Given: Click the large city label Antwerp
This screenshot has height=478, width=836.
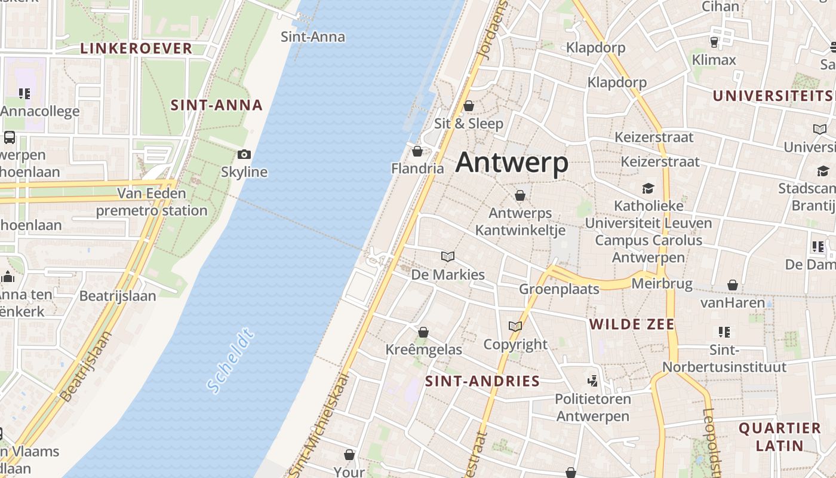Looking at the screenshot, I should [512, 163].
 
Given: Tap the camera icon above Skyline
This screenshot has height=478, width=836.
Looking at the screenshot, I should [244, 155].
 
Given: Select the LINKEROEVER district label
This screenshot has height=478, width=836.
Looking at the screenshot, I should [136, 48].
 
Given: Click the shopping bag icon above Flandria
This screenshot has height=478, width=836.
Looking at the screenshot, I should [417, 151].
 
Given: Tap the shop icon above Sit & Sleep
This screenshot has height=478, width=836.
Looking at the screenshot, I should [469, 106].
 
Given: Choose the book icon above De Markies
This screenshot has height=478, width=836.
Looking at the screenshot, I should [448, 257].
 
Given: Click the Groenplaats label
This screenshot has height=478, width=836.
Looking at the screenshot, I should [559, 289].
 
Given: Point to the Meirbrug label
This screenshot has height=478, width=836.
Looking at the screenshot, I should [662, 283].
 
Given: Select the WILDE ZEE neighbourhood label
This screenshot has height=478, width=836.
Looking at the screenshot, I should [632, 324].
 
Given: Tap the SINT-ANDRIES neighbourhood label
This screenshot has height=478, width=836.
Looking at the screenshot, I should [482, 381].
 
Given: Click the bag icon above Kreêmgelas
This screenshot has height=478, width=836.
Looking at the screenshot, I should [423, 332].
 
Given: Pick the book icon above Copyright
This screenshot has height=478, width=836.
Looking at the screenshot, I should [515, 326].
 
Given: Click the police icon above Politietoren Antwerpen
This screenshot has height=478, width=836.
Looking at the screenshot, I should [592, 381].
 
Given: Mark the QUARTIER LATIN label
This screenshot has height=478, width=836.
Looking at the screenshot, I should [779, 437].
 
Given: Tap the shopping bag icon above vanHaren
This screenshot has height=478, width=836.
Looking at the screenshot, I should [733, 285].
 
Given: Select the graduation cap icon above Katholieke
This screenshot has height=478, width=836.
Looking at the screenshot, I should [648, 189].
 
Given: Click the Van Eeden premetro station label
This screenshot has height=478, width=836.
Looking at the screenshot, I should [152, 202].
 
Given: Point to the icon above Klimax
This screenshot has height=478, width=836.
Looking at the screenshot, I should [714, 42].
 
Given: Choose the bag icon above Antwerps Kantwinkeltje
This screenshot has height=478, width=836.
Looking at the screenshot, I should [520, 195].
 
